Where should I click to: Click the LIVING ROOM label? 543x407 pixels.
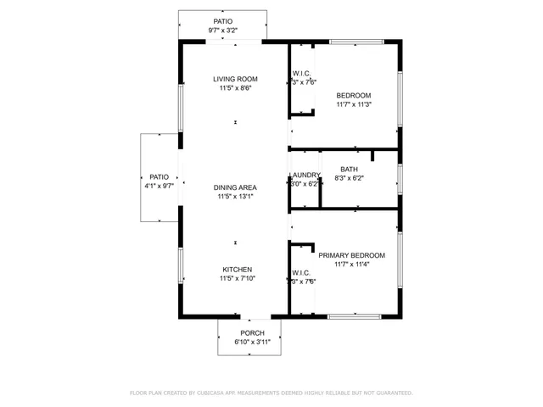pos(236,79)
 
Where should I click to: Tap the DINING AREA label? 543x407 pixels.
pos(236,187)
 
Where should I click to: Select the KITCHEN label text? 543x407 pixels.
pos(236,269)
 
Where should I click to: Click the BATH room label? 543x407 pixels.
pos(349,170)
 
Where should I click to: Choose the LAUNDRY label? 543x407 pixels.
pos(304,176)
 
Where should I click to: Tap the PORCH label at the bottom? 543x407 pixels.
pos(252,333)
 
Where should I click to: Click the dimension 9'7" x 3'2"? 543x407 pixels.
pos(222,31)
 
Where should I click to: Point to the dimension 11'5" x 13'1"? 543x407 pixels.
pos(236,196)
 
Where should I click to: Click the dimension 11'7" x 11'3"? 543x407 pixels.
pos(354,104)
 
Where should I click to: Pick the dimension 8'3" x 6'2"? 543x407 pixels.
pos(349,178)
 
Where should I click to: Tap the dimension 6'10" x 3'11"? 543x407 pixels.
pos(252,342)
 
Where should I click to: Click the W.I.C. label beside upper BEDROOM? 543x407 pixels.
pos(303,73)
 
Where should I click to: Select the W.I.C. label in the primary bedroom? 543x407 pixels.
pos(303,273)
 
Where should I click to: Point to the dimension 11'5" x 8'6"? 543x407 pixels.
pos(236,87)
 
